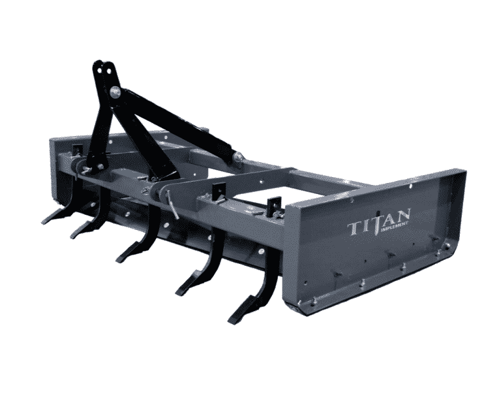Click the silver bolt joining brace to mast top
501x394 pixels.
point(115,92)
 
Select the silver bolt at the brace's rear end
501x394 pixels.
point(239,156)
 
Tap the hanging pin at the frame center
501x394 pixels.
point(174,203)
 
